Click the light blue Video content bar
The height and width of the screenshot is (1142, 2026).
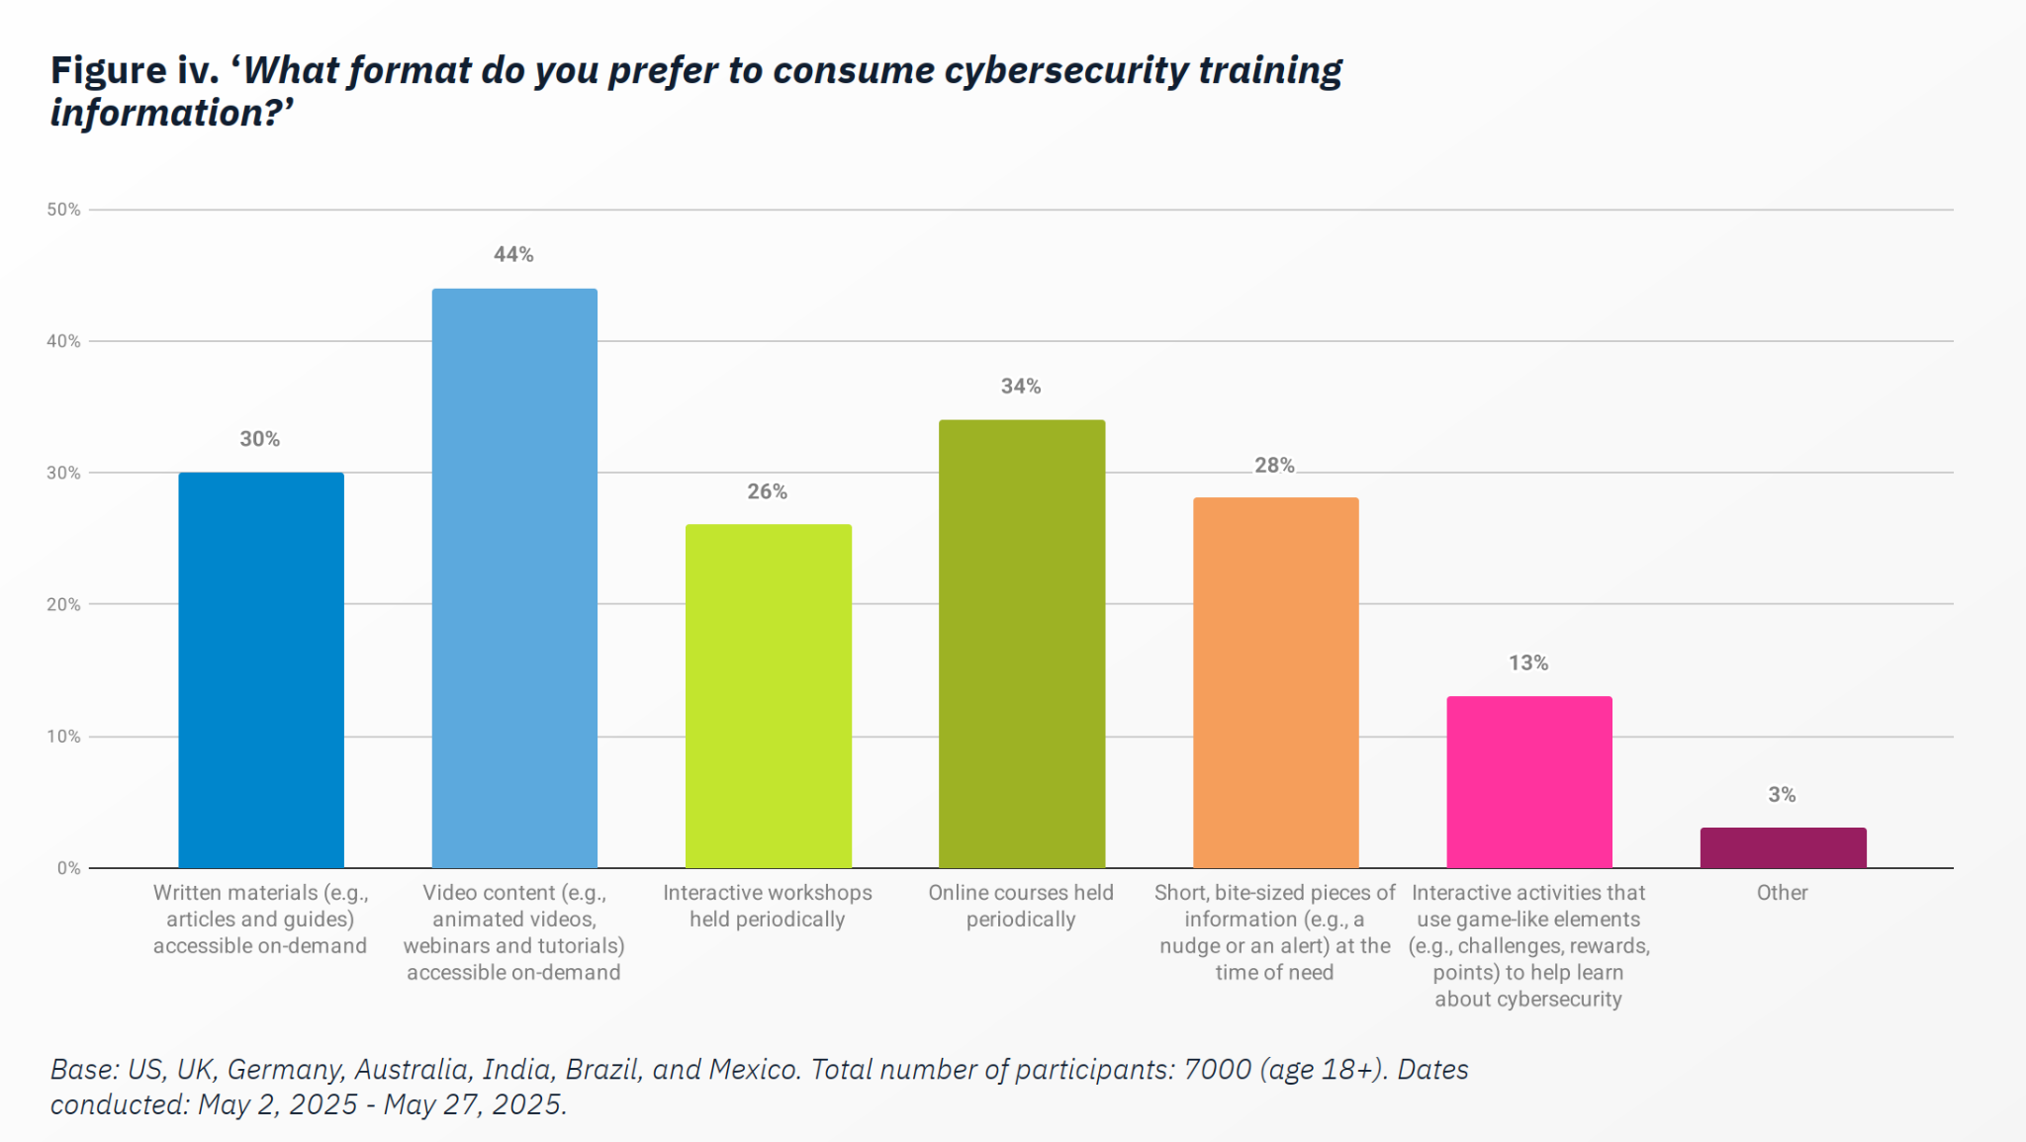pos(514,578)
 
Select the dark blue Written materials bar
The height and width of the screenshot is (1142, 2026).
pos(261,670)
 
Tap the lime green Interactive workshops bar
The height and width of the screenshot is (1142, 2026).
pos(768,696)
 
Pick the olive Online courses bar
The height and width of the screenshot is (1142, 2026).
pos(1021,644)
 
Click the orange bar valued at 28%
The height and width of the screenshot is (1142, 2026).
pos(1275,682)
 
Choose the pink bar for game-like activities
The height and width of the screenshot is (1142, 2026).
pos(1528,782)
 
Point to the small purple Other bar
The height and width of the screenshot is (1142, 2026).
pos(1783,847)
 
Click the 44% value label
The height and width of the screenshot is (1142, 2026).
pos(513,255)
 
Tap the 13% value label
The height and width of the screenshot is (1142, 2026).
pos(1527,663)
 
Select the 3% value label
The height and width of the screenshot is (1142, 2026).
pos(1782,795)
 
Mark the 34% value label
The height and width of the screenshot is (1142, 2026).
pos(1020,387)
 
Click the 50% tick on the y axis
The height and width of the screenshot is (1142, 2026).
pos(63,210)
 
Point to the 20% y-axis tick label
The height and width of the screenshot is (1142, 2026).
pos(63,604)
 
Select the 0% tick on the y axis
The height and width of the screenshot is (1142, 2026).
pos(68,868)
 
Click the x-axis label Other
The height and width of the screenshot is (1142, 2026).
pos(1782,893)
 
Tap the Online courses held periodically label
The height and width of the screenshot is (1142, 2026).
pos(1020,906)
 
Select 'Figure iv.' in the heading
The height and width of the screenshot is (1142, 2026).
pos(136,71)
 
